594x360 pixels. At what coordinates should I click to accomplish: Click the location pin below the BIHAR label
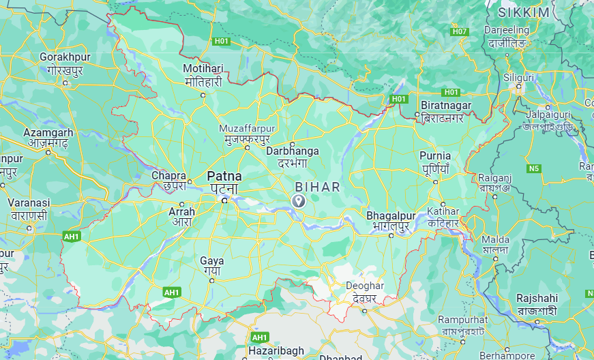(x=298, y=200)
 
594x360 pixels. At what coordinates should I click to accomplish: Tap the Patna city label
(x=224, y=176)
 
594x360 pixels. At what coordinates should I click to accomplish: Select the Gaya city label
(x=211, y=260)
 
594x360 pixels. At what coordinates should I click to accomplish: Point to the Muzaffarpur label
(x=247, y=128)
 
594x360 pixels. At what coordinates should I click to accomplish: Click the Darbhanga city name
(x=293, y=151)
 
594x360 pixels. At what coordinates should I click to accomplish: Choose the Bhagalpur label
(x=391, y=215)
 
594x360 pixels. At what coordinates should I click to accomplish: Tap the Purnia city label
(x=435, y=155)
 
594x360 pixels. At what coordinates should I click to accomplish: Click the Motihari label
(x=203, y=69)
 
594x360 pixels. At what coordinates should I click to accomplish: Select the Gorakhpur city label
(x=65, y=57)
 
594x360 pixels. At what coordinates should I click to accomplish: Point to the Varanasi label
(x=29, y=203)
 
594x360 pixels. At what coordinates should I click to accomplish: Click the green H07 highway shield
(x=460, y=31)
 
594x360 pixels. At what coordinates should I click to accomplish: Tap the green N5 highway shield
(x=534, y=168)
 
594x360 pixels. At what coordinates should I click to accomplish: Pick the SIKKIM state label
(x=523, y=13)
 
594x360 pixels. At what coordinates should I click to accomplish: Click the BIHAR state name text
(x=317, y=186)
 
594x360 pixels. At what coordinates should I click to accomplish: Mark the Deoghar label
(x=365, y=286)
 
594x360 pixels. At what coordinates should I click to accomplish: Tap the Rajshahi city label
(x=537, y=299)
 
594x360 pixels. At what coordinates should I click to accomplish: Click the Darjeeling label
(x=506, y=30)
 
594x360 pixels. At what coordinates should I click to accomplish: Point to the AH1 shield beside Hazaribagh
(x=259, y=337)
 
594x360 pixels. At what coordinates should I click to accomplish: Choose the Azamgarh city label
(x=48, y=132)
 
